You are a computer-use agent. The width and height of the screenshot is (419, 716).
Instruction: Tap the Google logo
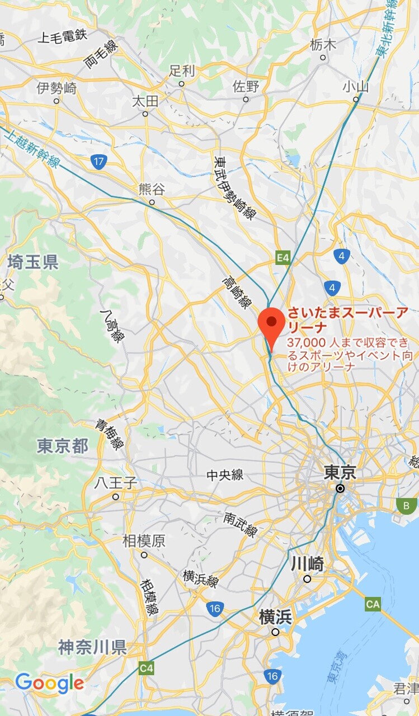pos(50,683)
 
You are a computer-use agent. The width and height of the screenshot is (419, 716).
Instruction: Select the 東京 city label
pos(340,473)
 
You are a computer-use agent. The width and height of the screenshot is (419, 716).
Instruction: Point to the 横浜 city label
pos(275,618)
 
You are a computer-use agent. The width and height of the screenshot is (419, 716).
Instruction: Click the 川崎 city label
pos(307,564)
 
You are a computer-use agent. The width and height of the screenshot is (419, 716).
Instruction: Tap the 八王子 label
pos(115,483)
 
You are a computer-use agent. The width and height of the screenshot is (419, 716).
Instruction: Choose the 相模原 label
pos(144,541)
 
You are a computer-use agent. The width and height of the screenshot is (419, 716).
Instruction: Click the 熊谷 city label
pos(152,189)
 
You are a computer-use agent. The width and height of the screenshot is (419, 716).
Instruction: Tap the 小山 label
pos(356,86)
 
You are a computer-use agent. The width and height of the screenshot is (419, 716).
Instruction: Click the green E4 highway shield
pos(284,258)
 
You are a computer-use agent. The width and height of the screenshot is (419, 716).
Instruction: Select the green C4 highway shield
pos(147,668)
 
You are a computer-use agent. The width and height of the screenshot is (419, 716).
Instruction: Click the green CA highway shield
pos(373,604)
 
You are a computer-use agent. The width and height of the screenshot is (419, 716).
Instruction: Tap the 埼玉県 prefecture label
pos(33,262)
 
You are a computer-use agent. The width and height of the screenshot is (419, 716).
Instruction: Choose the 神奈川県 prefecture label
pos(92,647)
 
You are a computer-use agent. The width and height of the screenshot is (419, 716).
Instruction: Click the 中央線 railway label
pos(225,475)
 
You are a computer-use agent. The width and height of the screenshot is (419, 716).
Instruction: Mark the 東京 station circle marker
pos(340,488)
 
